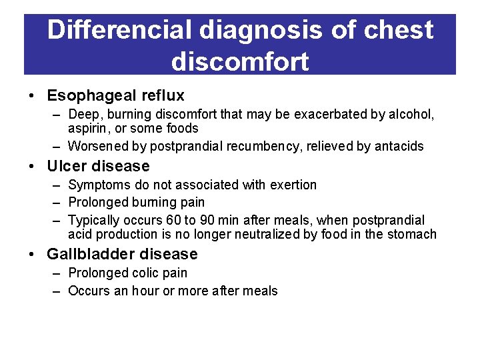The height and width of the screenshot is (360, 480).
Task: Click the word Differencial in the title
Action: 119,30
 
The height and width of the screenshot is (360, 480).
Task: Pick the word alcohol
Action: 411,115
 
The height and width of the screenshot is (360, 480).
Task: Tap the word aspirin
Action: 89,129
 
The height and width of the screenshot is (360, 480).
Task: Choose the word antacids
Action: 395,146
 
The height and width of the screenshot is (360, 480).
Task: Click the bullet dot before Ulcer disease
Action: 33,167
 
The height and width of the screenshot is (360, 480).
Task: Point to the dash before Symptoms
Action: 56,185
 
